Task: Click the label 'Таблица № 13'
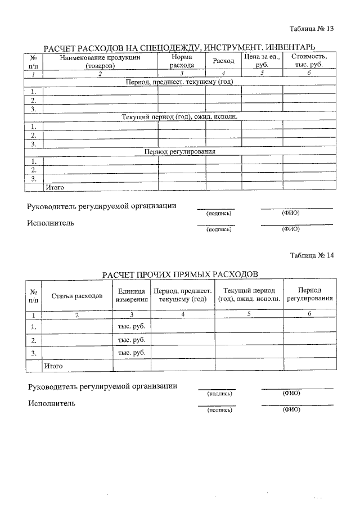point(312,29)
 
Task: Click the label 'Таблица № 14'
point(312,255)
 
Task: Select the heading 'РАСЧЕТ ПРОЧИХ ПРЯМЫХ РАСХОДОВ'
point(180,274)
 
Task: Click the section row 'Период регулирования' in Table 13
point(180,152)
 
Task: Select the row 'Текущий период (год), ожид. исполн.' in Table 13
point(179,117)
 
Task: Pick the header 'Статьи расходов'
point(77,295)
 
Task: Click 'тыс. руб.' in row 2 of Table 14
point(132,340)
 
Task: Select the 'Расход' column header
point(223,61)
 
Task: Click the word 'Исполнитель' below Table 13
point(51,223)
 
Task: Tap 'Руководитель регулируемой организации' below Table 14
point(102,386)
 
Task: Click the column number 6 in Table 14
point(309,314)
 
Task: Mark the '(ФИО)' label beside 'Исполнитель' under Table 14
point(291,410)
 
